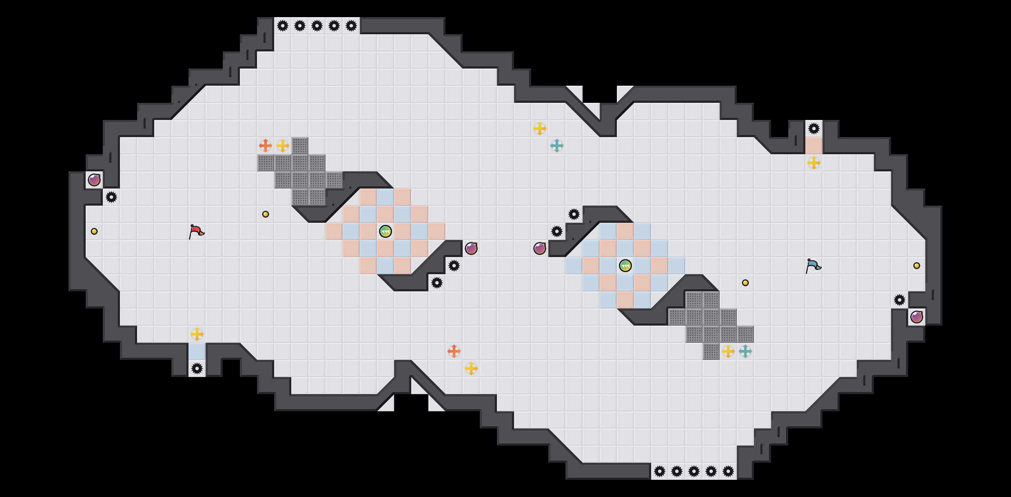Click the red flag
pyautogui.click(x=197, y=231)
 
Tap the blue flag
pyautogui.click(x=813, y=266)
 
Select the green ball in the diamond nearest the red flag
pyautogui.click(x=386, y=231)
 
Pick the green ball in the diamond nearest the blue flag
pyautogui.click(x=625, y=266)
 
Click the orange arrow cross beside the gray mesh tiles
pyautogui.click(x=266, y=146)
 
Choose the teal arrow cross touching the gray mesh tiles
pyautogui.click(x=745, y=351)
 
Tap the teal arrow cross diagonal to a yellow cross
pyautogui.click(x=557, y=146)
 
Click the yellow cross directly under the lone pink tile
pyautogui.click(x=814, y=163)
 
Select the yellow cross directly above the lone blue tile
pyautogui.click(x=197, y=334)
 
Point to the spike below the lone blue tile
pyautogui.click(x=197, y=368)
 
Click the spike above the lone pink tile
pyautogui.click(x=814, y=129)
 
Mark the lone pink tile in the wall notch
pyautogui.click(x=814, y=146)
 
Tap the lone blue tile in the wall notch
pyautogui.click(x=197, y=351)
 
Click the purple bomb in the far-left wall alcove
pyautogui.click(x=94, y=180)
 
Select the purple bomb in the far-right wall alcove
pyautogui.click(x=917, y=317)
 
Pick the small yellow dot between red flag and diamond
pyautogui.click(x=266, y=214)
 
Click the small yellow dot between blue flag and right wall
pyautogui.click(x=917, y=266)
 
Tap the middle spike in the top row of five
pyautogui.click(x=317, y=26)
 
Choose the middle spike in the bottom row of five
pyautogui.click(x=694, y=471)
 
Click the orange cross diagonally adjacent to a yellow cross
pyautogui.click(x=454, y=351)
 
